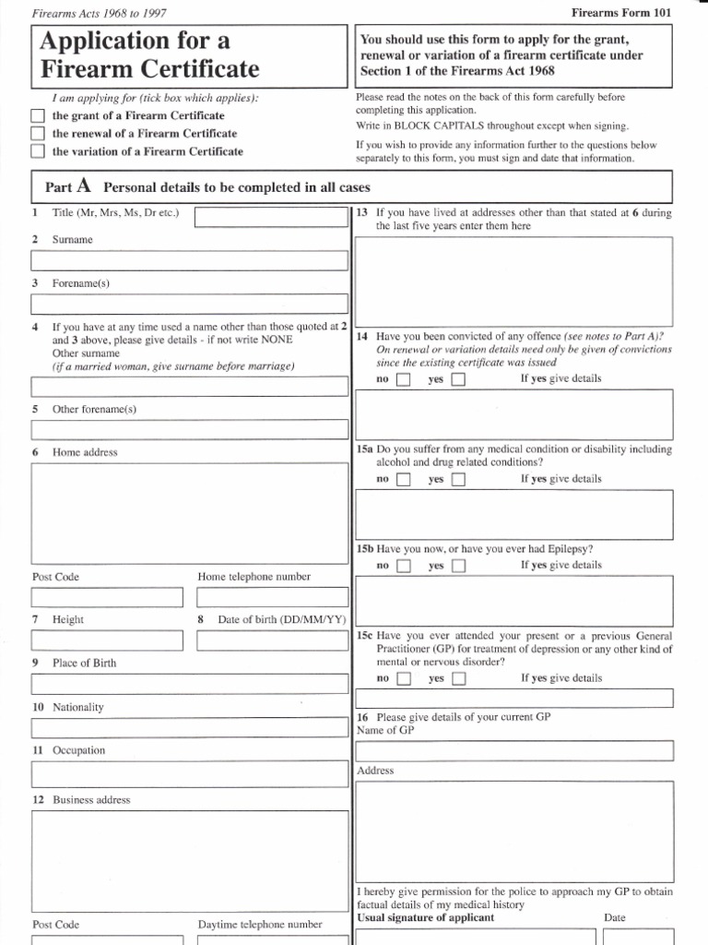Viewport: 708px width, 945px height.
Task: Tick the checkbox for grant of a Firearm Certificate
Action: coord(37,116)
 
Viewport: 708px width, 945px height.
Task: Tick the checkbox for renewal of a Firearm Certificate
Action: coord(37,134)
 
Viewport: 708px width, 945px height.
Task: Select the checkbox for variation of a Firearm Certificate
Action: coord(37,151)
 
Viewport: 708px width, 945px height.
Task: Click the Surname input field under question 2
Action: coord(189,260)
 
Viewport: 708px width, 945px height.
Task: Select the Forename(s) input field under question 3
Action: coord(189,304)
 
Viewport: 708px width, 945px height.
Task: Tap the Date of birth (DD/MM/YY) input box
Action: coord(273,640)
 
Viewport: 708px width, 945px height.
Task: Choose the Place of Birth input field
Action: coord(189,684)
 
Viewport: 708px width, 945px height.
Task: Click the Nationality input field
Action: coord(189,727)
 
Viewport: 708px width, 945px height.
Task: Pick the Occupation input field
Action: coord(189,772)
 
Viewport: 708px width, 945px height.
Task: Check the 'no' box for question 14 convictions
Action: coord(403,379)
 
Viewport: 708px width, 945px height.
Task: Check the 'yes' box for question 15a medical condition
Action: coord(458,480)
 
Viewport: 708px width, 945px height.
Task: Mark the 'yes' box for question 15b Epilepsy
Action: coord(458,566)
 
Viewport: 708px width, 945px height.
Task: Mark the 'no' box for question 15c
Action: coord(403,679)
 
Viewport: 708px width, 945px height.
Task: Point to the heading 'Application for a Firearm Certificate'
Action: coord(148,54)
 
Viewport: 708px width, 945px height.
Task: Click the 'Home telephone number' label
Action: coord(254,577)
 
